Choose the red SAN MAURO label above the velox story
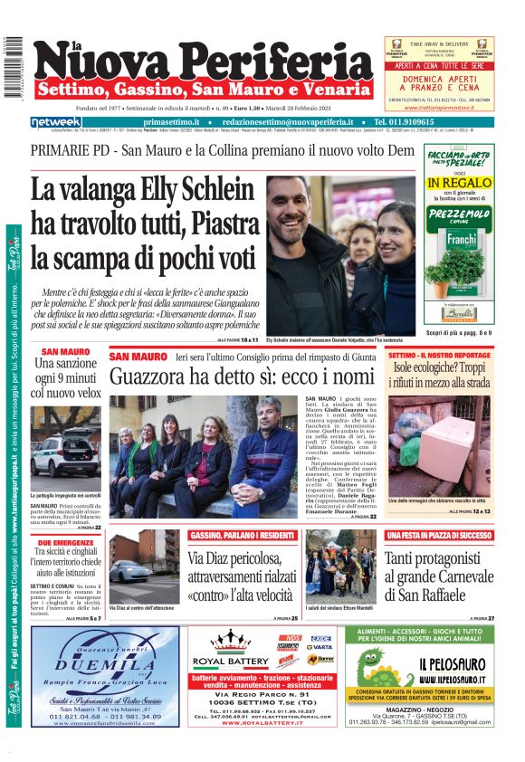65,351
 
